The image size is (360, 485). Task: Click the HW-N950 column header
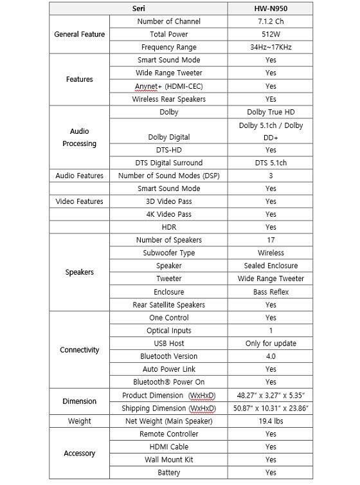(x=271, y=8)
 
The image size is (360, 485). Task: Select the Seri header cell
(x=139, y=8)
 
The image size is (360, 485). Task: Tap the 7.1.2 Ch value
(x=271, y=21)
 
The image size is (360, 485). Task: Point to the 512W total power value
(x=271, y=34)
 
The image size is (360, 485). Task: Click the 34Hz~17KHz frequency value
(x=271, y=47)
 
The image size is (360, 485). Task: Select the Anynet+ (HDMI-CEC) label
(x=168, y=86)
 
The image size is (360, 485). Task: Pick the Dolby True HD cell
(x=271, y=112)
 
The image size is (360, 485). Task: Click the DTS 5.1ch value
(x=271, y=163)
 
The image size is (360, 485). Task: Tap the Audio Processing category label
(x=79, y=137)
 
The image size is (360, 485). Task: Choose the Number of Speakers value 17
(x=271, y=240)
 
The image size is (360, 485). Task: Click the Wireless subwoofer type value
(x=271, y=253)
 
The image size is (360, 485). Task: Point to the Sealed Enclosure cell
(x=271, y=266)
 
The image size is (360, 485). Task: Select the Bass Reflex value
(x=271, y=292)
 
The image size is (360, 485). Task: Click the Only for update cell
(x=271, y=343)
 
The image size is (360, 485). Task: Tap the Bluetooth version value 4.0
(x=271, y=356)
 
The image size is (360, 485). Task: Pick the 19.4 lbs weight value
(x=271, y=421)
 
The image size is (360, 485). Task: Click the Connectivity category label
(x=79, y=350)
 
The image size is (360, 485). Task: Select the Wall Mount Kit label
(x=168, y=460)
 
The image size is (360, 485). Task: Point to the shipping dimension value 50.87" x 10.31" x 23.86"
(x=271, y=408)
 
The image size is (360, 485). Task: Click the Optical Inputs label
(x=168, y=331)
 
